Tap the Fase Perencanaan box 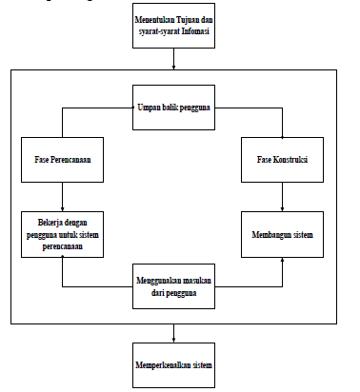[62, 160]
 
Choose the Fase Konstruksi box [283, 160]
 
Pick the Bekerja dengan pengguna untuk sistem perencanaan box [62, 234]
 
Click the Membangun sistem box [283, 234]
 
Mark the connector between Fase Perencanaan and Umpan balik [86, 108]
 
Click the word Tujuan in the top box [186, 19]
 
